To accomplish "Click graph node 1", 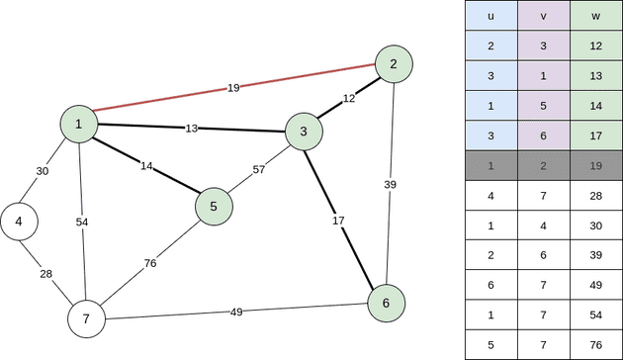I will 78,124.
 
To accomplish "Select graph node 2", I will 394,64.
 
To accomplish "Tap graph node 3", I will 304,132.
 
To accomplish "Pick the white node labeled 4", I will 19,222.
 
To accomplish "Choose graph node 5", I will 214,206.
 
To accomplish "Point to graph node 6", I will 386,303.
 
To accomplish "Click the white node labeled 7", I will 86,318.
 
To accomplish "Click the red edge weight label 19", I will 233,88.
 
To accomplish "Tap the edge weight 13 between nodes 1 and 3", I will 192,129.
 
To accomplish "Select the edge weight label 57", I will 259,169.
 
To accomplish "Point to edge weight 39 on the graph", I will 391,184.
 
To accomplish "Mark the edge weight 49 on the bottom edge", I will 236,313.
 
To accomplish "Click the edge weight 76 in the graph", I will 150,263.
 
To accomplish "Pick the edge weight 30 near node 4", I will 43,171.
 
